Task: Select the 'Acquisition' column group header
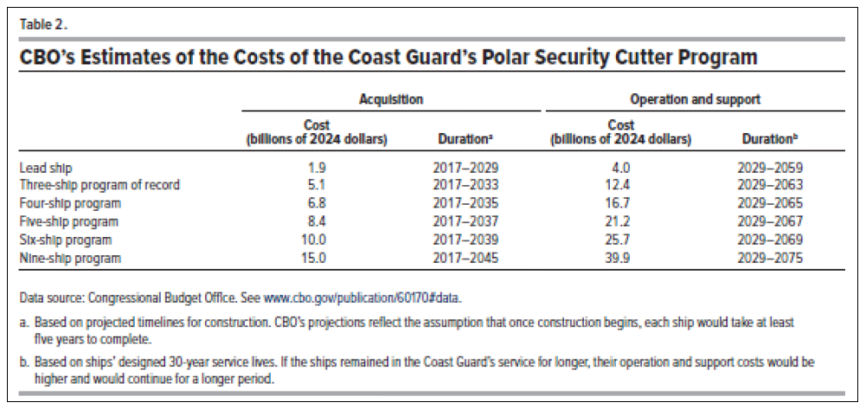[x=391, y=99]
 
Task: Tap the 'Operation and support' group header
[x=696, y=99]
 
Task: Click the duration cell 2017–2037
[x=466, y=221]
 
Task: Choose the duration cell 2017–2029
[x=466, y=167]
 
